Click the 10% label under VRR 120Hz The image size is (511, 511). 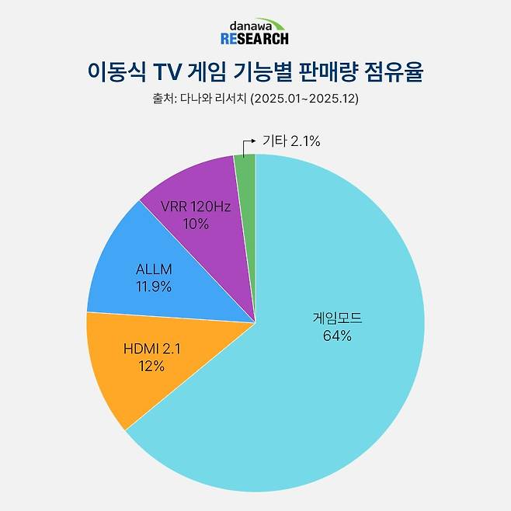pyautogui.click(x=196, y=224)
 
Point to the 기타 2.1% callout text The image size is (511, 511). pyautogui.click(x=291, y=141)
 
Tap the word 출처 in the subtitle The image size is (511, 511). pyautogui.click(x=160, y=99)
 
